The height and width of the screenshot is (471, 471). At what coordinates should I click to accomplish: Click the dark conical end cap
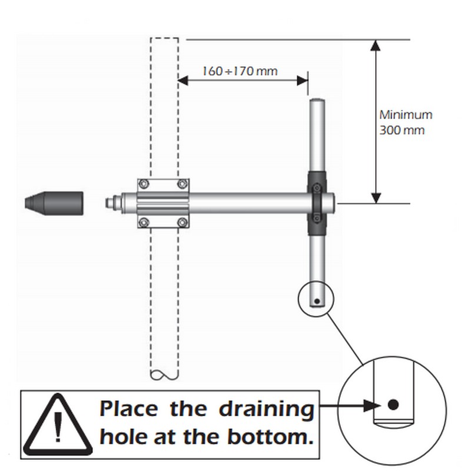[54, 203]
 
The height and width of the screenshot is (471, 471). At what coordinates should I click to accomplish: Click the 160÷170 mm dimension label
[240, 71]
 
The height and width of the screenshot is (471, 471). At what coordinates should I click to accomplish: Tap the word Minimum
[406, 115]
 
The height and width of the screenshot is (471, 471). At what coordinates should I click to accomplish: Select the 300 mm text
[402, 130]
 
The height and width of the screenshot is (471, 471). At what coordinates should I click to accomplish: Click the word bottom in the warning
[270, 436]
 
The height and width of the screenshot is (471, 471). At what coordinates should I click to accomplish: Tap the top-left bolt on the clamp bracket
[144, 184]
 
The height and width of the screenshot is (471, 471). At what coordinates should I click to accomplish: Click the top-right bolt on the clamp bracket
[183, 184]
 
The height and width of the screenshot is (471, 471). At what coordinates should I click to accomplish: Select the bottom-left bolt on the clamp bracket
[144, 223]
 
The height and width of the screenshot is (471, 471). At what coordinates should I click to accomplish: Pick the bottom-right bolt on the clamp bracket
[183, 223]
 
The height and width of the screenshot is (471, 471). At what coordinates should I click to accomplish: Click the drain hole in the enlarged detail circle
[393, 404]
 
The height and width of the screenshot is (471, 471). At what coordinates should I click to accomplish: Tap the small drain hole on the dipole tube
[317, 301]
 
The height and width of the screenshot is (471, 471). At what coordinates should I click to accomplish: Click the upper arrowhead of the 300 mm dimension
[376, 45]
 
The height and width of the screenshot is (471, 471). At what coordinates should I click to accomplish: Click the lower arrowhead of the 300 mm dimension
[376, 198]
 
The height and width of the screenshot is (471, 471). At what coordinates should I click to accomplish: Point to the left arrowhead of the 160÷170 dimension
[183, 81]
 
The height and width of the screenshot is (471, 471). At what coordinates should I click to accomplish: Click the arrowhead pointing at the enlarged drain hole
[373, 406]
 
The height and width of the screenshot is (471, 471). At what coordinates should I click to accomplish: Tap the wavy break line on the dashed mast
[164, 375]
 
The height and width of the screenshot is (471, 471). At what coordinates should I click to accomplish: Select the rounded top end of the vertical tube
[317, 101]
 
